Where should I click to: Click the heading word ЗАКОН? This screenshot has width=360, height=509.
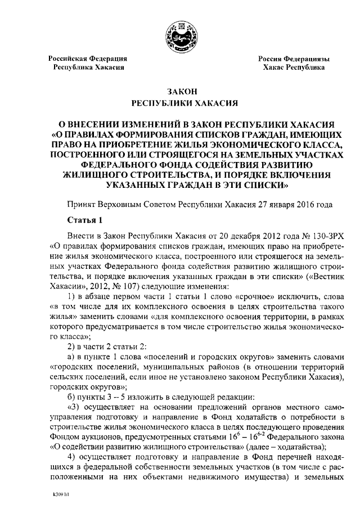coord(179,92)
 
